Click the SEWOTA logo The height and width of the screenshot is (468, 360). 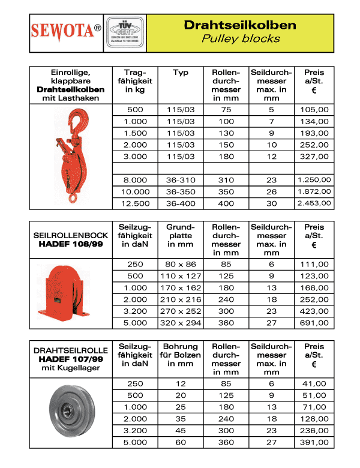pos(66,31)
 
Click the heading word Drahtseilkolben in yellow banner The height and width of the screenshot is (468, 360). pos(239,25)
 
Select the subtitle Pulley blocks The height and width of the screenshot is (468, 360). pos(239,38)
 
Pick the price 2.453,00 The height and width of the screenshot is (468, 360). pos(313,203)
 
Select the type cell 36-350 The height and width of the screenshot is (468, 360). pos(181,191)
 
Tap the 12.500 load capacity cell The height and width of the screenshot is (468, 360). pos(135,203)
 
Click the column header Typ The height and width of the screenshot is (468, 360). pos(181,73)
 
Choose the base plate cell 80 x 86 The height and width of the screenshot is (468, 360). pos(181,264)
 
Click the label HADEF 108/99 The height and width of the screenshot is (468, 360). pos(71,245)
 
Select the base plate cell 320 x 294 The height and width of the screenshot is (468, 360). pos(181,323)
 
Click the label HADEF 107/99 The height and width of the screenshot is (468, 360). pos(71,359)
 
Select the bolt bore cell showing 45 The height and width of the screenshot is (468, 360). pos(181,431)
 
